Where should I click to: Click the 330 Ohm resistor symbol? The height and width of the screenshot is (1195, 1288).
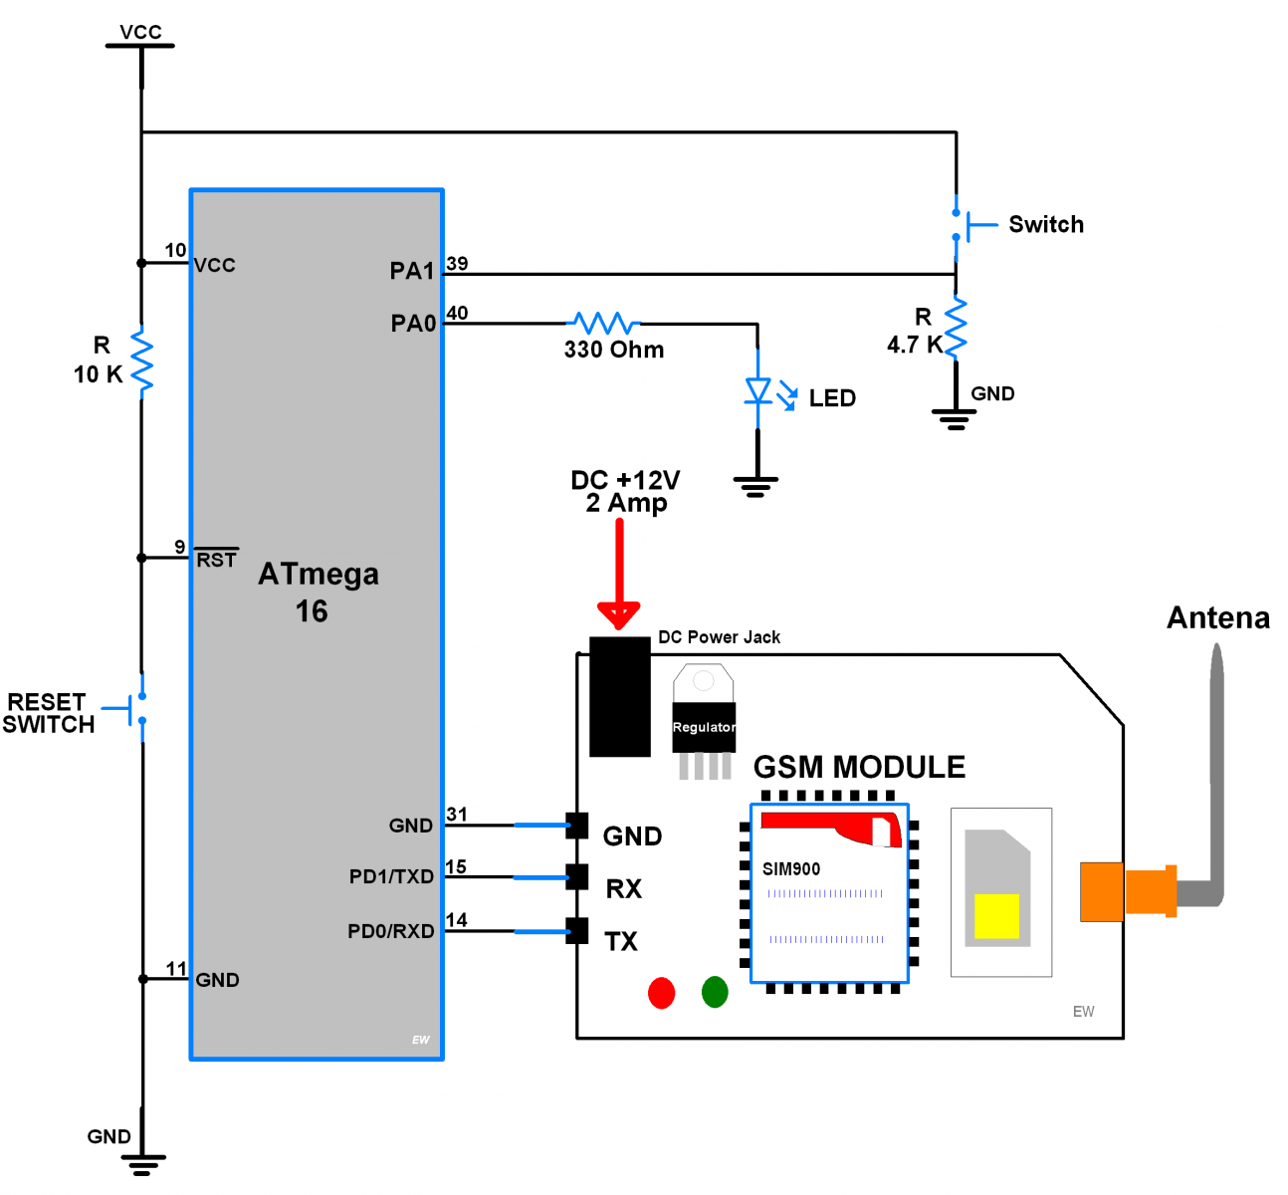coord(603,323)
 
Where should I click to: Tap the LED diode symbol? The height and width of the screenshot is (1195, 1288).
coord(758,391)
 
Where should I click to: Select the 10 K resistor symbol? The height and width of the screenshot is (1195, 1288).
coord(141,361)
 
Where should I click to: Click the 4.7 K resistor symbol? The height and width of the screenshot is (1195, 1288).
coord(956,328)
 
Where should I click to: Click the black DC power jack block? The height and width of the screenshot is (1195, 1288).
coord(619,696)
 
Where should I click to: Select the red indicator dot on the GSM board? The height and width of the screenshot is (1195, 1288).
coord(661,993)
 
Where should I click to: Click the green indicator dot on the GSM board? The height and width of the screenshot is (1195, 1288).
coord(715,992)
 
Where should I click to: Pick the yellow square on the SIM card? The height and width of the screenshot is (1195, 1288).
coord(996,916)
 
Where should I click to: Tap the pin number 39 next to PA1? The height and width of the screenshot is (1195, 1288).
coord(457,263)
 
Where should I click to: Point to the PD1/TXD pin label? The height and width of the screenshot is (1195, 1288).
coord(391,876)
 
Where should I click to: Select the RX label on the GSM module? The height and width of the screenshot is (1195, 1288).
coord(624,888)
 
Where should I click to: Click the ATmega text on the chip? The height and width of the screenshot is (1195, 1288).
coord(319,575)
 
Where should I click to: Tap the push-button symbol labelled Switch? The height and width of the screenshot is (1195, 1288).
coord(964,225)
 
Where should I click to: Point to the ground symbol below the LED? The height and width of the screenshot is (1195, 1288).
coord(755,485)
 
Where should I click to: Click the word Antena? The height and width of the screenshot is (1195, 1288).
coord(1217,618)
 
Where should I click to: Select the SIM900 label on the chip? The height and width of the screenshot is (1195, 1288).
coord(791,869)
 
